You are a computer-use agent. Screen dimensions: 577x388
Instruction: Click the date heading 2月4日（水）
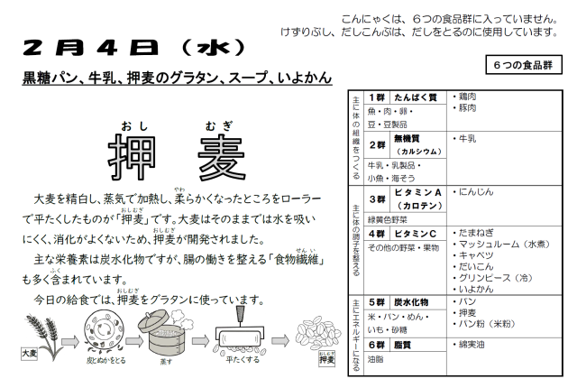pyautogui.click(x=133, y=48)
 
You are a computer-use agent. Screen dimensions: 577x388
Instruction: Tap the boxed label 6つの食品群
pyautogui.click(x=524, y=65)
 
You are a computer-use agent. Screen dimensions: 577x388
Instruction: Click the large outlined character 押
pyautogui.click(x=133, y=157)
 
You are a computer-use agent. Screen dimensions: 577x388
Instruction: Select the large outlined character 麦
pyautogui.click(x=222, y=157)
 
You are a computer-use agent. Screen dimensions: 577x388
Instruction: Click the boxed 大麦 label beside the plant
pyautogui.click(x=29, y=354)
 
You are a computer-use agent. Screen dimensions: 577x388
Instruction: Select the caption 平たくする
pyautogui.click(x=243, y=359)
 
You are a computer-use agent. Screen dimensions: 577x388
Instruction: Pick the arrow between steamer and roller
pyautogui.click(x=200, y=341)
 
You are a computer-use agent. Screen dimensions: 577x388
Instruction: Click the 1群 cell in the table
pyautogui.click(x=377, y=97)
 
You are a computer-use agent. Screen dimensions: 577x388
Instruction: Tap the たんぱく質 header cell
pyautogui.click(x=416, y=97)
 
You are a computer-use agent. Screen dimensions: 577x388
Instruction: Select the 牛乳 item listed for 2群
pyautogui.click(x=464, y=139)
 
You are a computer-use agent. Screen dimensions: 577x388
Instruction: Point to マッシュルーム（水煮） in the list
pyautogui.click(x=501, y=244)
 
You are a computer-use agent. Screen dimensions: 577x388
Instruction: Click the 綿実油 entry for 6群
pyautogui.click(x=469, y=345)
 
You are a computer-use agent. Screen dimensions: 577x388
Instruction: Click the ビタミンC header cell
pyautogui.click(x=416, y=234)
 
